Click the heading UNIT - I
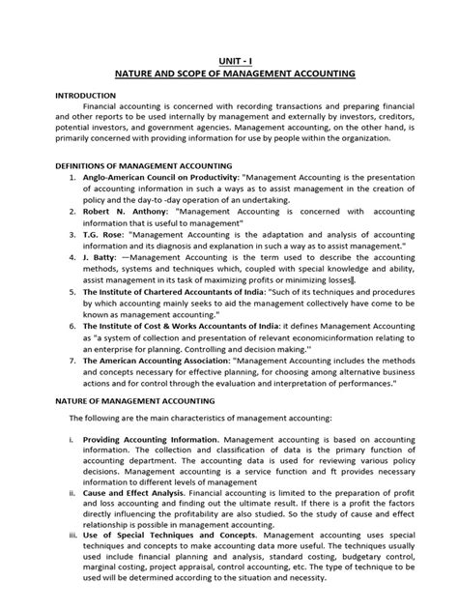click(x=229, y=59)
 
